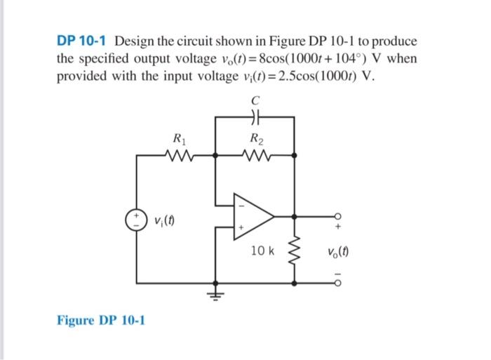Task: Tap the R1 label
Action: coord(183,138)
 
